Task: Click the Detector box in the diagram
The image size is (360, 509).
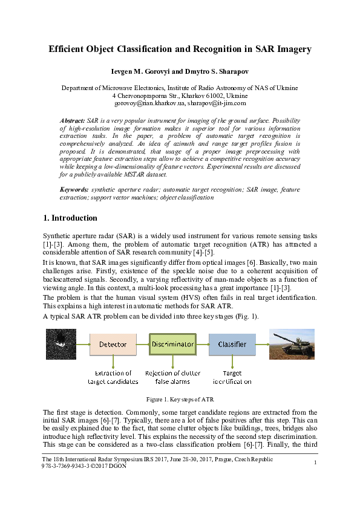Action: coord(113,344)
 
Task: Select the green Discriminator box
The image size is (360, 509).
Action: coord(172,344)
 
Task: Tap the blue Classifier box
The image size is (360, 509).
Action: coord(232,344)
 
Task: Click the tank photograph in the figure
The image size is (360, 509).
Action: coord(292,344)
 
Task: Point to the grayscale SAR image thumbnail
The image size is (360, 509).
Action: coord(61,344)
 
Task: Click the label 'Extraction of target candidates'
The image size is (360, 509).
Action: coord(113,377)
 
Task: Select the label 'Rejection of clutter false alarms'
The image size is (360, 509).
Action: coord(173,377)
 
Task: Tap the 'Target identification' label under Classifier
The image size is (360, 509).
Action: coord(232,377)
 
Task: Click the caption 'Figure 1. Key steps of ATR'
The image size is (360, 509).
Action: coord(180,400)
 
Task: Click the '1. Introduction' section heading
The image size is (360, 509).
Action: coord(70,218)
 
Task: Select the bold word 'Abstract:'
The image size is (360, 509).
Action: coord(72,121)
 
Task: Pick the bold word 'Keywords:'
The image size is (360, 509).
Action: coord(74,190)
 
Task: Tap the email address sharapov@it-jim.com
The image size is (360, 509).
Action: coord(215,104)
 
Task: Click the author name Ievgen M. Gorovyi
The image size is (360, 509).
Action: coord(140,71)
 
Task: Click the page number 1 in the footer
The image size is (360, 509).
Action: coord(316,463)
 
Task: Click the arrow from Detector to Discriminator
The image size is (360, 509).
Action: coord(142,344)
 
